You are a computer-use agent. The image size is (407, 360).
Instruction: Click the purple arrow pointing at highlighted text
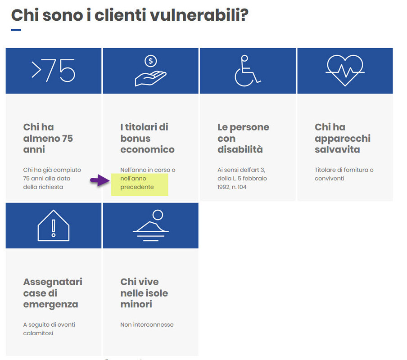99,180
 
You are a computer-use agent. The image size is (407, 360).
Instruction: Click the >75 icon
53,71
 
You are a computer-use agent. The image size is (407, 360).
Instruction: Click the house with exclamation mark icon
53,225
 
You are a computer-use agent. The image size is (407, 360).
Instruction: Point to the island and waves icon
151,224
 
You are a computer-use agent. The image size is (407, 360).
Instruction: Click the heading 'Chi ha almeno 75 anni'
48,138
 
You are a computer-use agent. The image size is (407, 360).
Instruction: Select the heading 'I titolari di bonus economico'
147,138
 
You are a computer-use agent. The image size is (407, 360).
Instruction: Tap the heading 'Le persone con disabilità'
243,138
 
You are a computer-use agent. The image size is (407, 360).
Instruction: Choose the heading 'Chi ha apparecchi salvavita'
343,138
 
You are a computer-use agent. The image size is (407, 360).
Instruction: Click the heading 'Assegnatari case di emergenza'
53,293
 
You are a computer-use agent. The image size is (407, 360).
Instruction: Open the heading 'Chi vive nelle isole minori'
144,293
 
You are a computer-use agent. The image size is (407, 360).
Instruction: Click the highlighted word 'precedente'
137,187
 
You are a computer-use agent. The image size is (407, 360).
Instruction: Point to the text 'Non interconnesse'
147,324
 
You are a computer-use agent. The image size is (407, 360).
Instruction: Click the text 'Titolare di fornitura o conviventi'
344,174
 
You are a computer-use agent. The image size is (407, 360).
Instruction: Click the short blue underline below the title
16,30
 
